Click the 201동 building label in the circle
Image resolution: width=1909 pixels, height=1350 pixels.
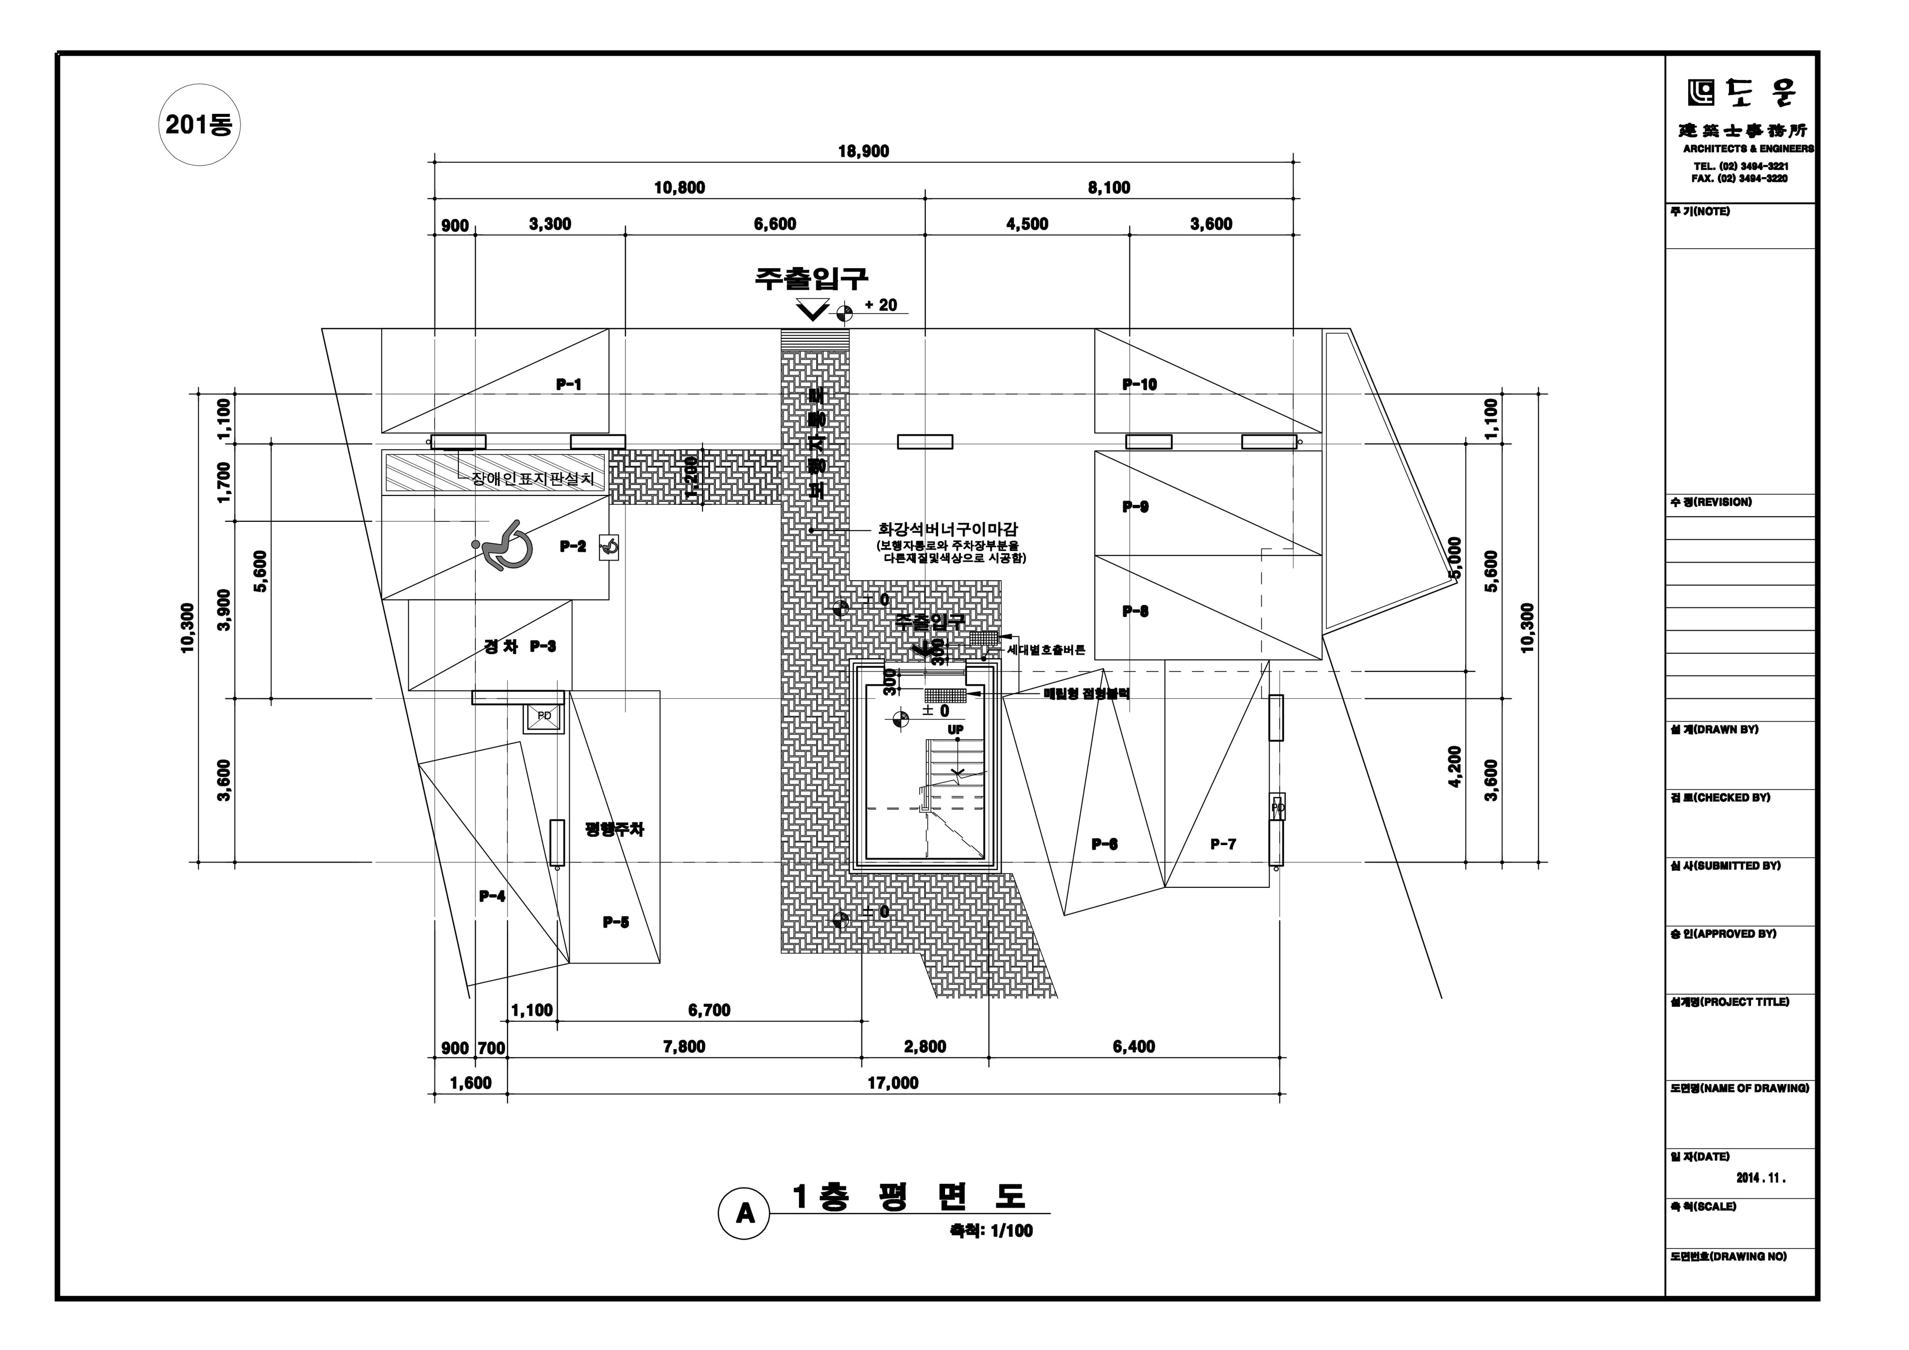click(x=199, y=125)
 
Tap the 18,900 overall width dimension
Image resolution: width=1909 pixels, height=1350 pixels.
click(x=863, y=151)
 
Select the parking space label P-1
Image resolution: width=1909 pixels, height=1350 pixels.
click(x=569, y=385)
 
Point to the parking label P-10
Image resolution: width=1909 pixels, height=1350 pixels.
click(x=1139, y=385)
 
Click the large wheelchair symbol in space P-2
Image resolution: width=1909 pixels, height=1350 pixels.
click(x=502, y=546)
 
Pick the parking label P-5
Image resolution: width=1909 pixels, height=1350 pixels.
click(x=615, y=922)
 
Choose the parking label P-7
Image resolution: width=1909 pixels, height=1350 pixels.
click(x=1222, y=844)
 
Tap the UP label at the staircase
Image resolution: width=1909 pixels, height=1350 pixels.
click(x=956, y=730)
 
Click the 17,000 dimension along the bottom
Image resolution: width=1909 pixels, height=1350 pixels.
click(x=893, y=1083)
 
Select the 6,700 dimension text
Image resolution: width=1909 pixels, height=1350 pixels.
click(x=709, y=1010)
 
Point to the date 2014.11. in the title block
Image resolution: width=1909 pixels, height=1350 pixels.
click(x=1761, y=1178)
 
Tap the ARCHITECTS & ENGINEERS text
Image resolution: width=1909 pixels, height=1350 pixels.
click(x=1748, y=149)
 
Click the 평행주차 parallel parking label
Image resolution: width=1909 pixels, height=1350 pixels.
click(x=614, y=829)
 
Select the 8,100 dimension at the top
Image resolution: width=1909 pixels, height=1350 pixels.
click(x=1109, y=188)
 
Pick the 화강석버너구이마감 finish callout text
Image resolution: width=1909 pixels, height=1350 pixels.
click(x=948, y=529)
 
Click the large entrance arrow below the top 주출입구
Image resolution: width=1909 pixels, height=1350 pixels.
click(x=812, y=310)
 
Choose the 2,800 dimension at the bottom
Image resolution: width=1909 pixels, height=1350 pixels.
click(x=925, y=1047)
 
